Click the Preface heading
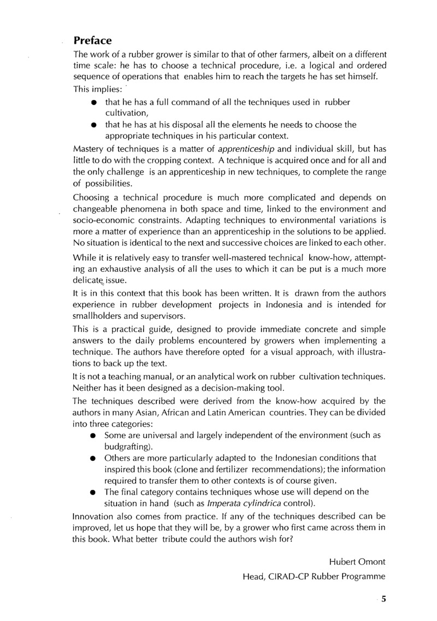tap(93, 40)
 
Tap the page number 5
tap(384, 598)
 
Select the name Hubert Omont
tap(357, 562)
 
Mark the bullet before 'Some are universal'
tap(93, 436)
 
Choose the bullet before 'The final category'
tap(93, 492)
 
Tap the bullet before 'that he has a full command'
tap(95, 103)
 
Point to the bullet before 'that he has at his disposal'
tap(95, 125)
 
